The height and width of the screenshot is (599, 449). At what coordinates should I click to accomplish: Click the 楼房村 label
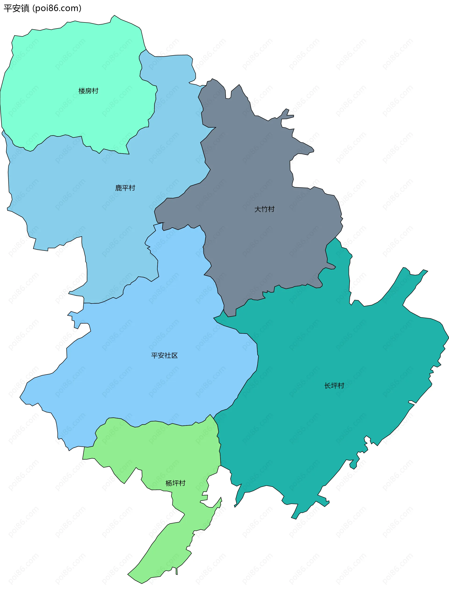(88, 91)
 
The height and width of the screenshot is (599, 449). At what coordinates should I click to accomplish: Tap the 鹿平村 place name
(125, 188)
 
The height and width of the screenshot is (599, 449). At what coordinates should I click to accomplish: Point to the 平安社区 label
(164, 356)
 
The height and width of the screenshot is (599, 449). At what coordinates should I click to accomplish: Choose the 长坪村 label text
(334, 386)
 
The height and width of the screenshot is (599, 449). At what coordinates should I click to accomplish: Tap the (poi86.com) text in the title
(57, 8)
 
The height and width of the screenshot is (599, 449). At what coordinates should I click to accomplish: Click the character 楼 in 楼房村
(82, 91)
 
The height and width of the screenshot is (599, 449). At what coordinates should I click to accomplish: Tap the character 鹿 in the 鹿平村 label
(119, 188)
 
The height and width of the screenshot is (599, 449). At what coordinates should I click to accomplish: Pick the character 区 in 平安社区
(174, 356)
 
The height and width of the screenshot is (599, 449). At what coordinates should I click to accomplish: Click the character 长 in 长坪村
(328, 386)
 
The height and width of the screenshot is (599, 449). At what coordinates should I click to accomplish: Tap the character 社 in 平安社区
(168, 356)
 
